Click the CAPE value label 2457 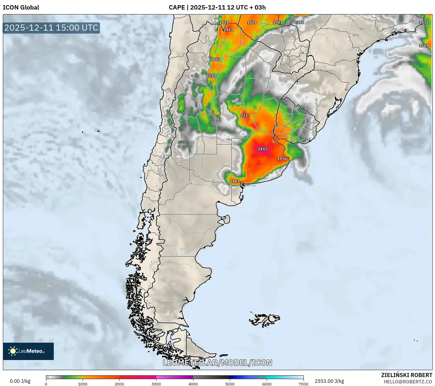(x=262, y=149)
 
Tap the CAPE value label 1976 (x=282, y=159)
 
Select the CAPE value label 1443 (x=235, y=181)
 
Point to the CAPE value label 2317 (x=245, y=115)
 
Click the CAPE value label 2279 (x=211, y=75)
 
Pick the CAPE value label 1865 (x=215, y=59)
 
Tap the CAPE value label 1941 (x=228, y=30)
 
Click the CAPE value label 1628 (x=252, y=22)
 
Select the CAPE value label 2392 (x=299, y=22)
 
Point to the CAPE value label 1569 (x=424, y=46)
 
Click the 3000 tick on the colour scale (x=156, y=384)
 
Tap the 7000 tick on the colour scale (x=303, y=384)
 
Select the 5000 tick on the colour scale (x=230, y=384)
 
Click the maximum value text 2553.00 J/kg (x=329, y=381)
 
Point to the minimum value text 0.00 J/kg (x=20, y=381)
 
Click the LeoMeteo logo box (x=28, y=351)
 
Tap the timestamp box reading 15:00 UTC (x=51, y=28)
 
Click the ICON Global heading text (x=21, y=7)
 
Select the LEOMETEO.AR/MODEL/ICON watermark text (x=217, y=363)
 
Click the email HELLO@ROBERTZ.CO (x=408, y=382)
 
